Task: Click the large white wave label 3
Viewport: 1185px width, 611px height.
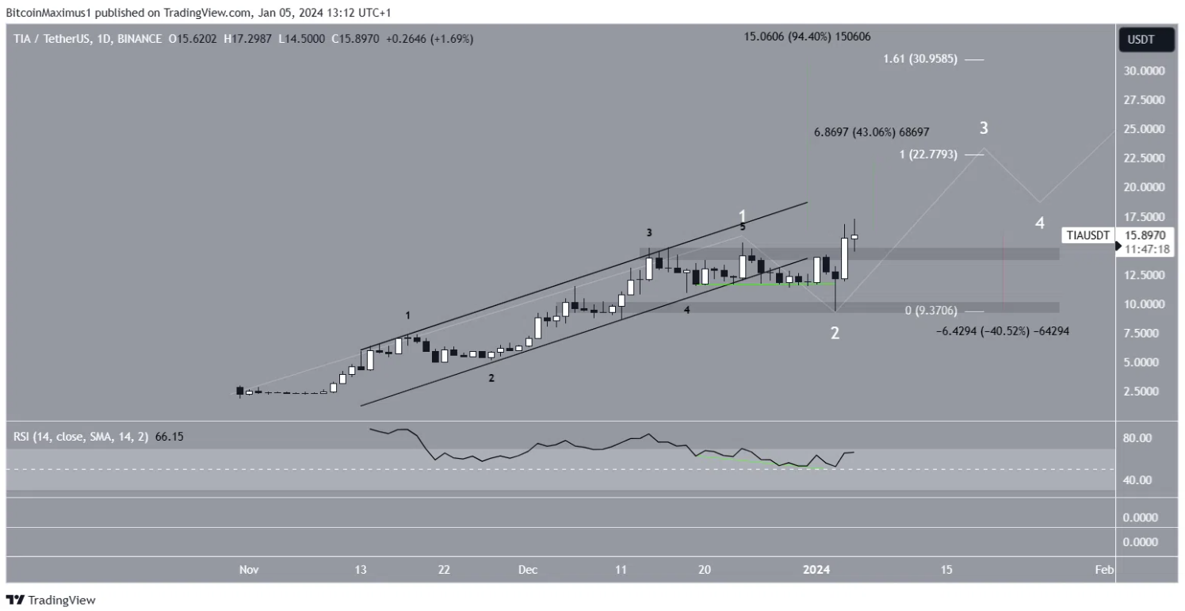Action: pos(983,128)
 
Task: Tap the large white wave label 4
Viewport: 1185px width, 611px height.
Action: pos(1040,223)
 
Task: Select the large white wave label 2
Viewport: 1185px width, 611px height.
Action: pos(835,334)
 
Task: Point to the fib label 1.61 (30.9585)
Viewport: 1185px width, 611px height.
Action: pos(922,59)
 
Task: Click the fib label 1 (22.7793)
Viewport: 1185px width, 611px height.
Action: pos(928,155)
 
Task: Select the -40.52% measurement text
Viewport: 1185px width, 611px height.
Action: pos(1003,331)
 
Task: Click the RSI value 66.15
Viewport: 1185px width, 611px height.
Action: pos(168,437)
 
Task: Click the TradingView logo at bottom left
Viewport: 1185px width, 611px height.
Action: pos(51,600)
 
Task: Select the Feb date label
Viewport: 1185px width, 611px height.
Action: pos(1103,570)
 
